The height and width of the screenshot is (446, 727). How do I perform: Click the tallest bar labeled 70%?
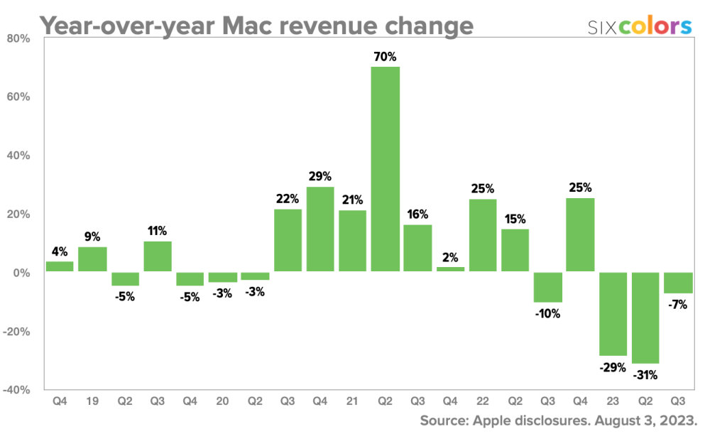(385, 169)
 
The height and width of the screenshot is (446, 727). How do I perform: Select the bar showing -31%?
(645, 317)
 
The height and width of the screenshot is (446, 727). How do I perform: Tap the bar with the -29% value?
(613, 314)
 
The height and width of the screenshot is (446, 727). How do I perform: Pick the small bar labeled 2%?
(450, 269)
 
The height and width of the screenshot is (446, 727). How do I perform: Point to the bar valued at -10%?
(547, 287)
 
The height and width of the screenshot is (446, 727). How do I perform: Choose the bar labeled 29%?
(320, 229)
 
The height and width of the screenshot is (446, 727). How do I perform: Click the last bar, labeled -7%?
(678, 283)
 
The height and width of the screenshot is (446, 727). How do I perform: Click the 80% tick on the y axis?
(19, 38)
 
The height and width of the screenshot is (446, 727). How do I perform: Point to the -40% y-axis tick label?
(17, 390)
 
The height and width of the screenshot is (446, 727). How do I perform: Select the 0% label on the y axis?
(22, 273)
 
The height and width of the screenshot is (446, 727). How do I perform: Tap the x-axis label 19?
(92, 402)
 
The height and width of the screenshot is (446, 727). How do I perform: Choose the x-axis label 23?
(613, 402)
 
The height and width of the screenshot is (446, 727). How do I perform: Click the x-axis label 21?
(353, 402)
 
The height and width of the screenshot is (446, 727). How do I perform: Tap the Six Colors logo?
(640, 27)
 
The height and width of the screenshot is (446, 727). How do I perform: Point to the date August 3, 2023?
(645, 421)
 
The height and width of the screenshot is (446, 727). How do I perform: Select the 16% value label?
(417, 214)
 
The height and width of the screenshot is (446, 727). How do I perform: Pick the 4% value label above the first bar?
(60, 251)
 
